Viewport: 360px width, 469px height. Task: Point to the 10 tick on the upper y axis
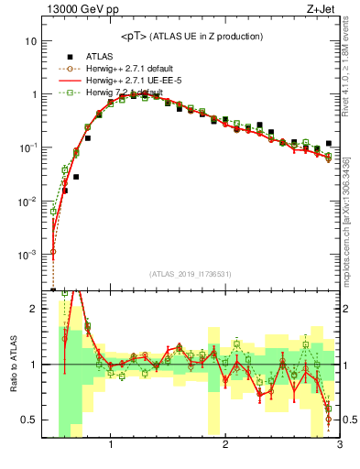[31, 41]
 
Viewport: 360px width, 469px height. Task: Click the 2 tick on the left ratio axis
[33, 309]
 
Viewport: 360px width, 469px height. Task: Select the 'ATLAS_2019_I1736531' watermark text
[190, 274]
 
